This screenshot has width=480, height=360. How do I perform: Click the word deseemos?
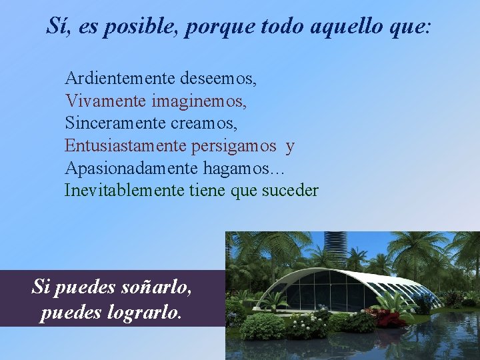point(217,79)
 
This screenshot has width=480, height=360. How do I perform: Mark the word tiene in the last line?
point(207,191)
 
